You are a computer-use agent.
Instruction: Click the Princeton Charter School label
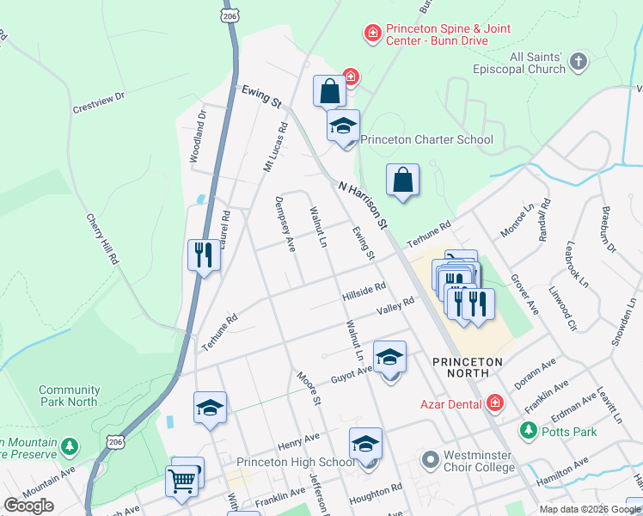[x=426, y=139]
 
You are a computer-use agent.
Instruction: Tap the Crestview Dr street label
[x=99, y=103]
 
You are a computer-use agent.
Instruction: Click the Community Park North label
[x=68, y=396]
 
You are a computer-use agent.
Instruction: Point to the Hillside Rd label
[x=364, y=292]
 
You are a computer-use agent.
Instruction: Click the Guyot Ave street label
[x=352, y=374]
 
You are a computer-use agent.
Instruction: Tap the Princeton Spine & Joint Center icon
[x=372, y=34]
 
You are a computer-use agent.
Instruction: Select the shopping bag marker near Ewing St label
[x=329, y=89]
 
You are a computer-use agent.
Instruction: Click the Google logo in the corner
[x=29, y=505]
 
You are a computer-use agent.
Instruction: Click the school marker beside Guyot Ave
[x=389, y=356]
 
